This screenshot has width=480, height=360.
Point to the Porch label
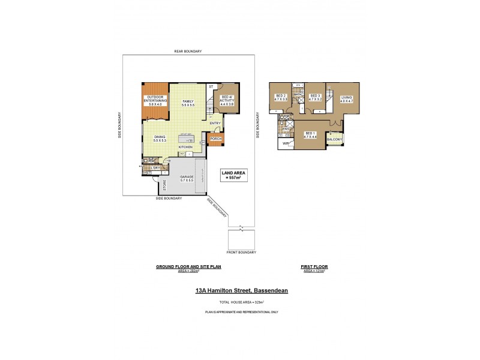(215, 139)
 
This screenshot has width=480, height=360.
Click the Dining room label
(160, 139)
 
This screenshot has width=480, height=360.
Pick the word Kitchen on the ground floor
(185, 147)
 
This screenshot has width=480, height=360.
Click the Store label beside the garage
(163, 185)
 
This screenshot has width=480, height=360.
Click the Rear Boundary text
(188, 52)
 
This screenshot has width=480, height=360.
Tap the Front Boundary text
(242, 252)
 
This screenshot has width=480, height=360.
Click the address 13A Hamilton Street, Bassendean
(242, 290)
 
